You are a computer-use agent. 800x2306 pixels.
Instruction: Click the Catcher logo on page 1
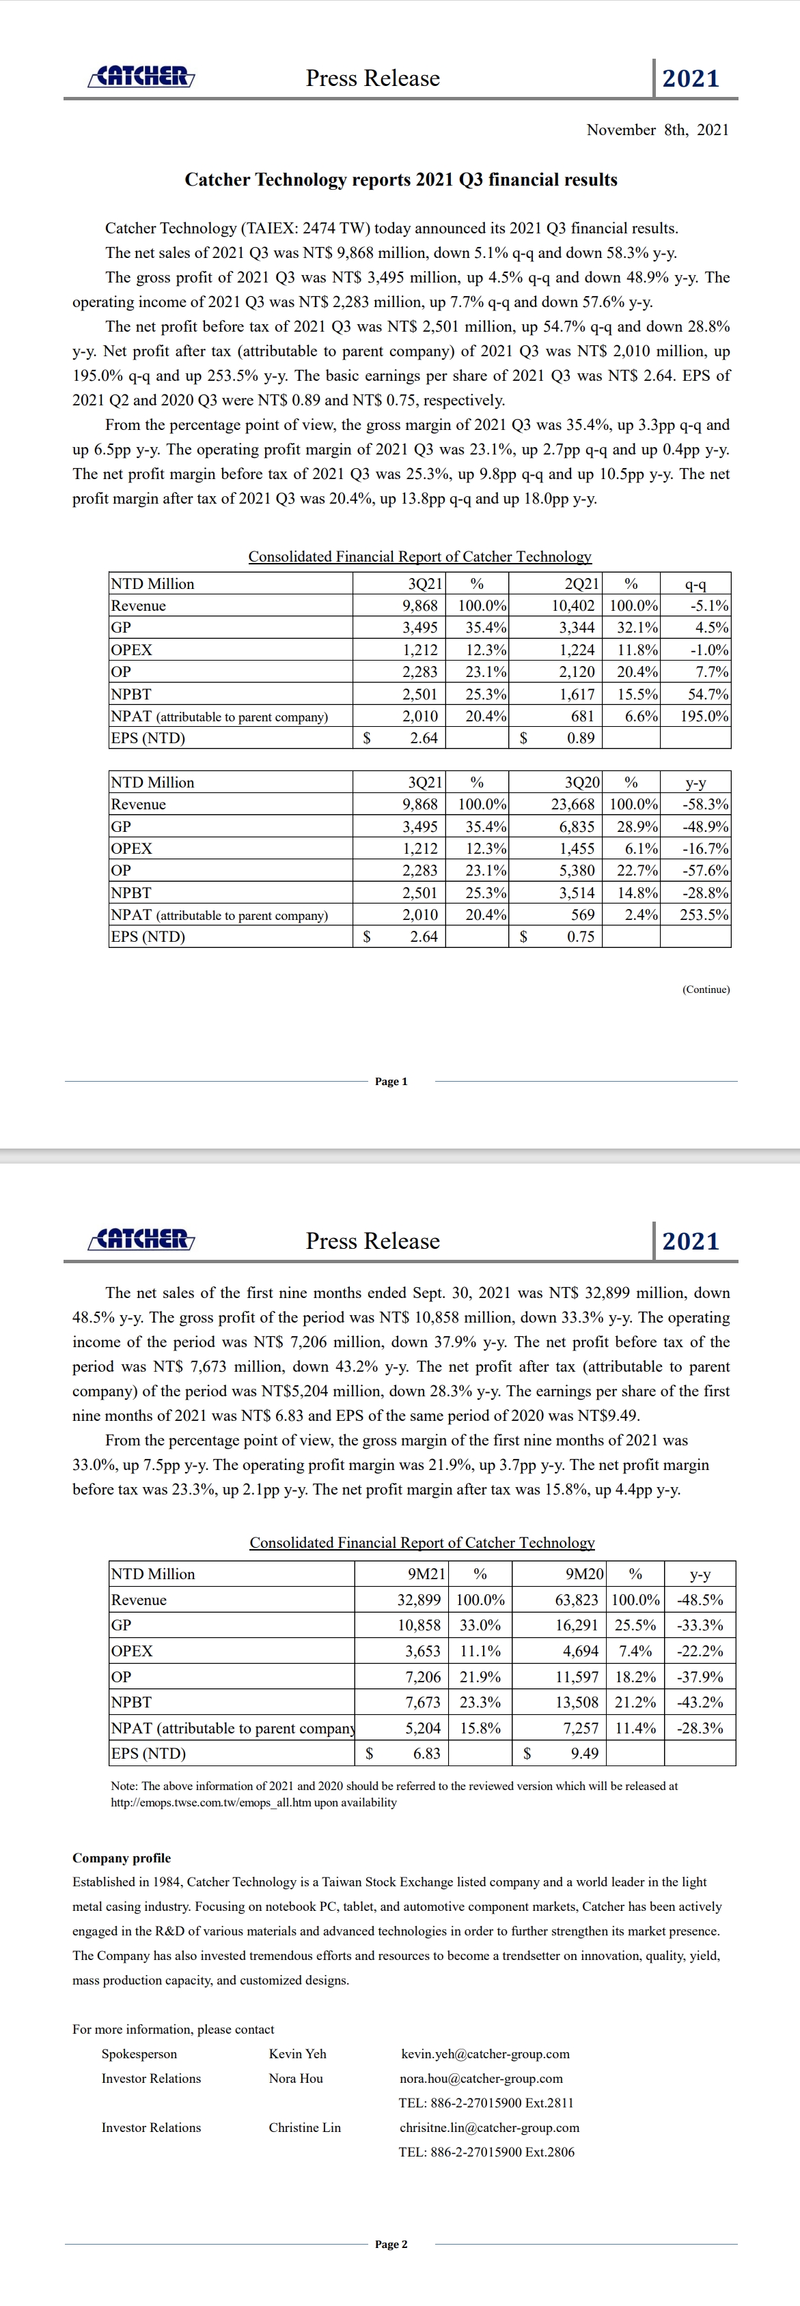click(x=141, y=77)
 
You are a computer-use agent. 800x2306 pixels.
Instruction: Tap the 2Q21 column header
click(x=581, y=583)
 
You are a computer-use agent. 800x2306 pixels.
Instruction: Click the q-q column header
click(x=695, y=583)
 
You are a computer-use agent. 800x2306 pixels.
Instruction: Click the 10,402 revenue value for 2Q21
click(x=573, y=606)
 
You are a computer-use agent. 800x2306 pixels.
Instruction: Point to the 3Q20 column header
click(x=582, y=782)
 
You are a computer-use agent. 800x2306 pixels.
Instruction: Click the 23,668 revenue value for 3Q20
click(x=573, y=805)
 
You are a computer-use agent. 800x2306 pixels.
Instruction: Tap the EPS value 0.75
click(x=581, y=937)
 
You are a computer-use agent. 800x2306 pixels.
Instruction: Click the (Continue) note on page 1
click(x=706, y=989)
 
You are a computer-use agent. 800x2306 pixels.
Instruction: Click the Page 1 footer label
click(x=391, y=1082)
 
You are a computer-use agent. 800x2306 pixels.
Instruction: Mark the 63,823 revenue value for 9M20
click(x=579, y=1600)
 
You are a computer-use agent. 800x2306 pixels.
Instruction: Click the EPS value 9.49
click(x=584, y=1753)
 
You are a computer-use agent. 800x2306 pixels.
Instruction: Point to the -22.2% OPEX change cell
click(x=700, y=1651)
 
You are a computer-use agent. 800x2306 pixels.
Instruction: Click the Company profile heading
click(x=122, y=1858)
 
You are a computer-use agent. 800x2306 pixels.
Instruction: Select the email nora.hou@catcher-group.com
click(x=481, y=2079)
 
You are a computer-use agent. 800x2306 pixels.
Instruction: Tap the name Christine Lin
click(x=305, y=2128)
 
